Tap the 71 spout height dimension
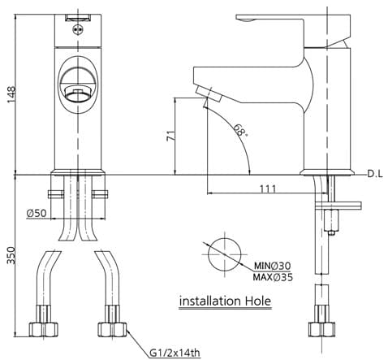point(169,137)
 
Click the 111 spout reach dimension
point(269,189)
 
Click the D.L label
point(374,174)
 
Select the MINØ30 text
point(271,266)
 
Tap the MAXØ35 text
point(271,277)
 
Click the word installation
point(207,301)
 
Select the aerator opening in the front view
point(78,92)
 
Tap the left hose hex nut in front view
point(43,329)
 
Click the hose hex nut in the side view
point(321,329)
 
